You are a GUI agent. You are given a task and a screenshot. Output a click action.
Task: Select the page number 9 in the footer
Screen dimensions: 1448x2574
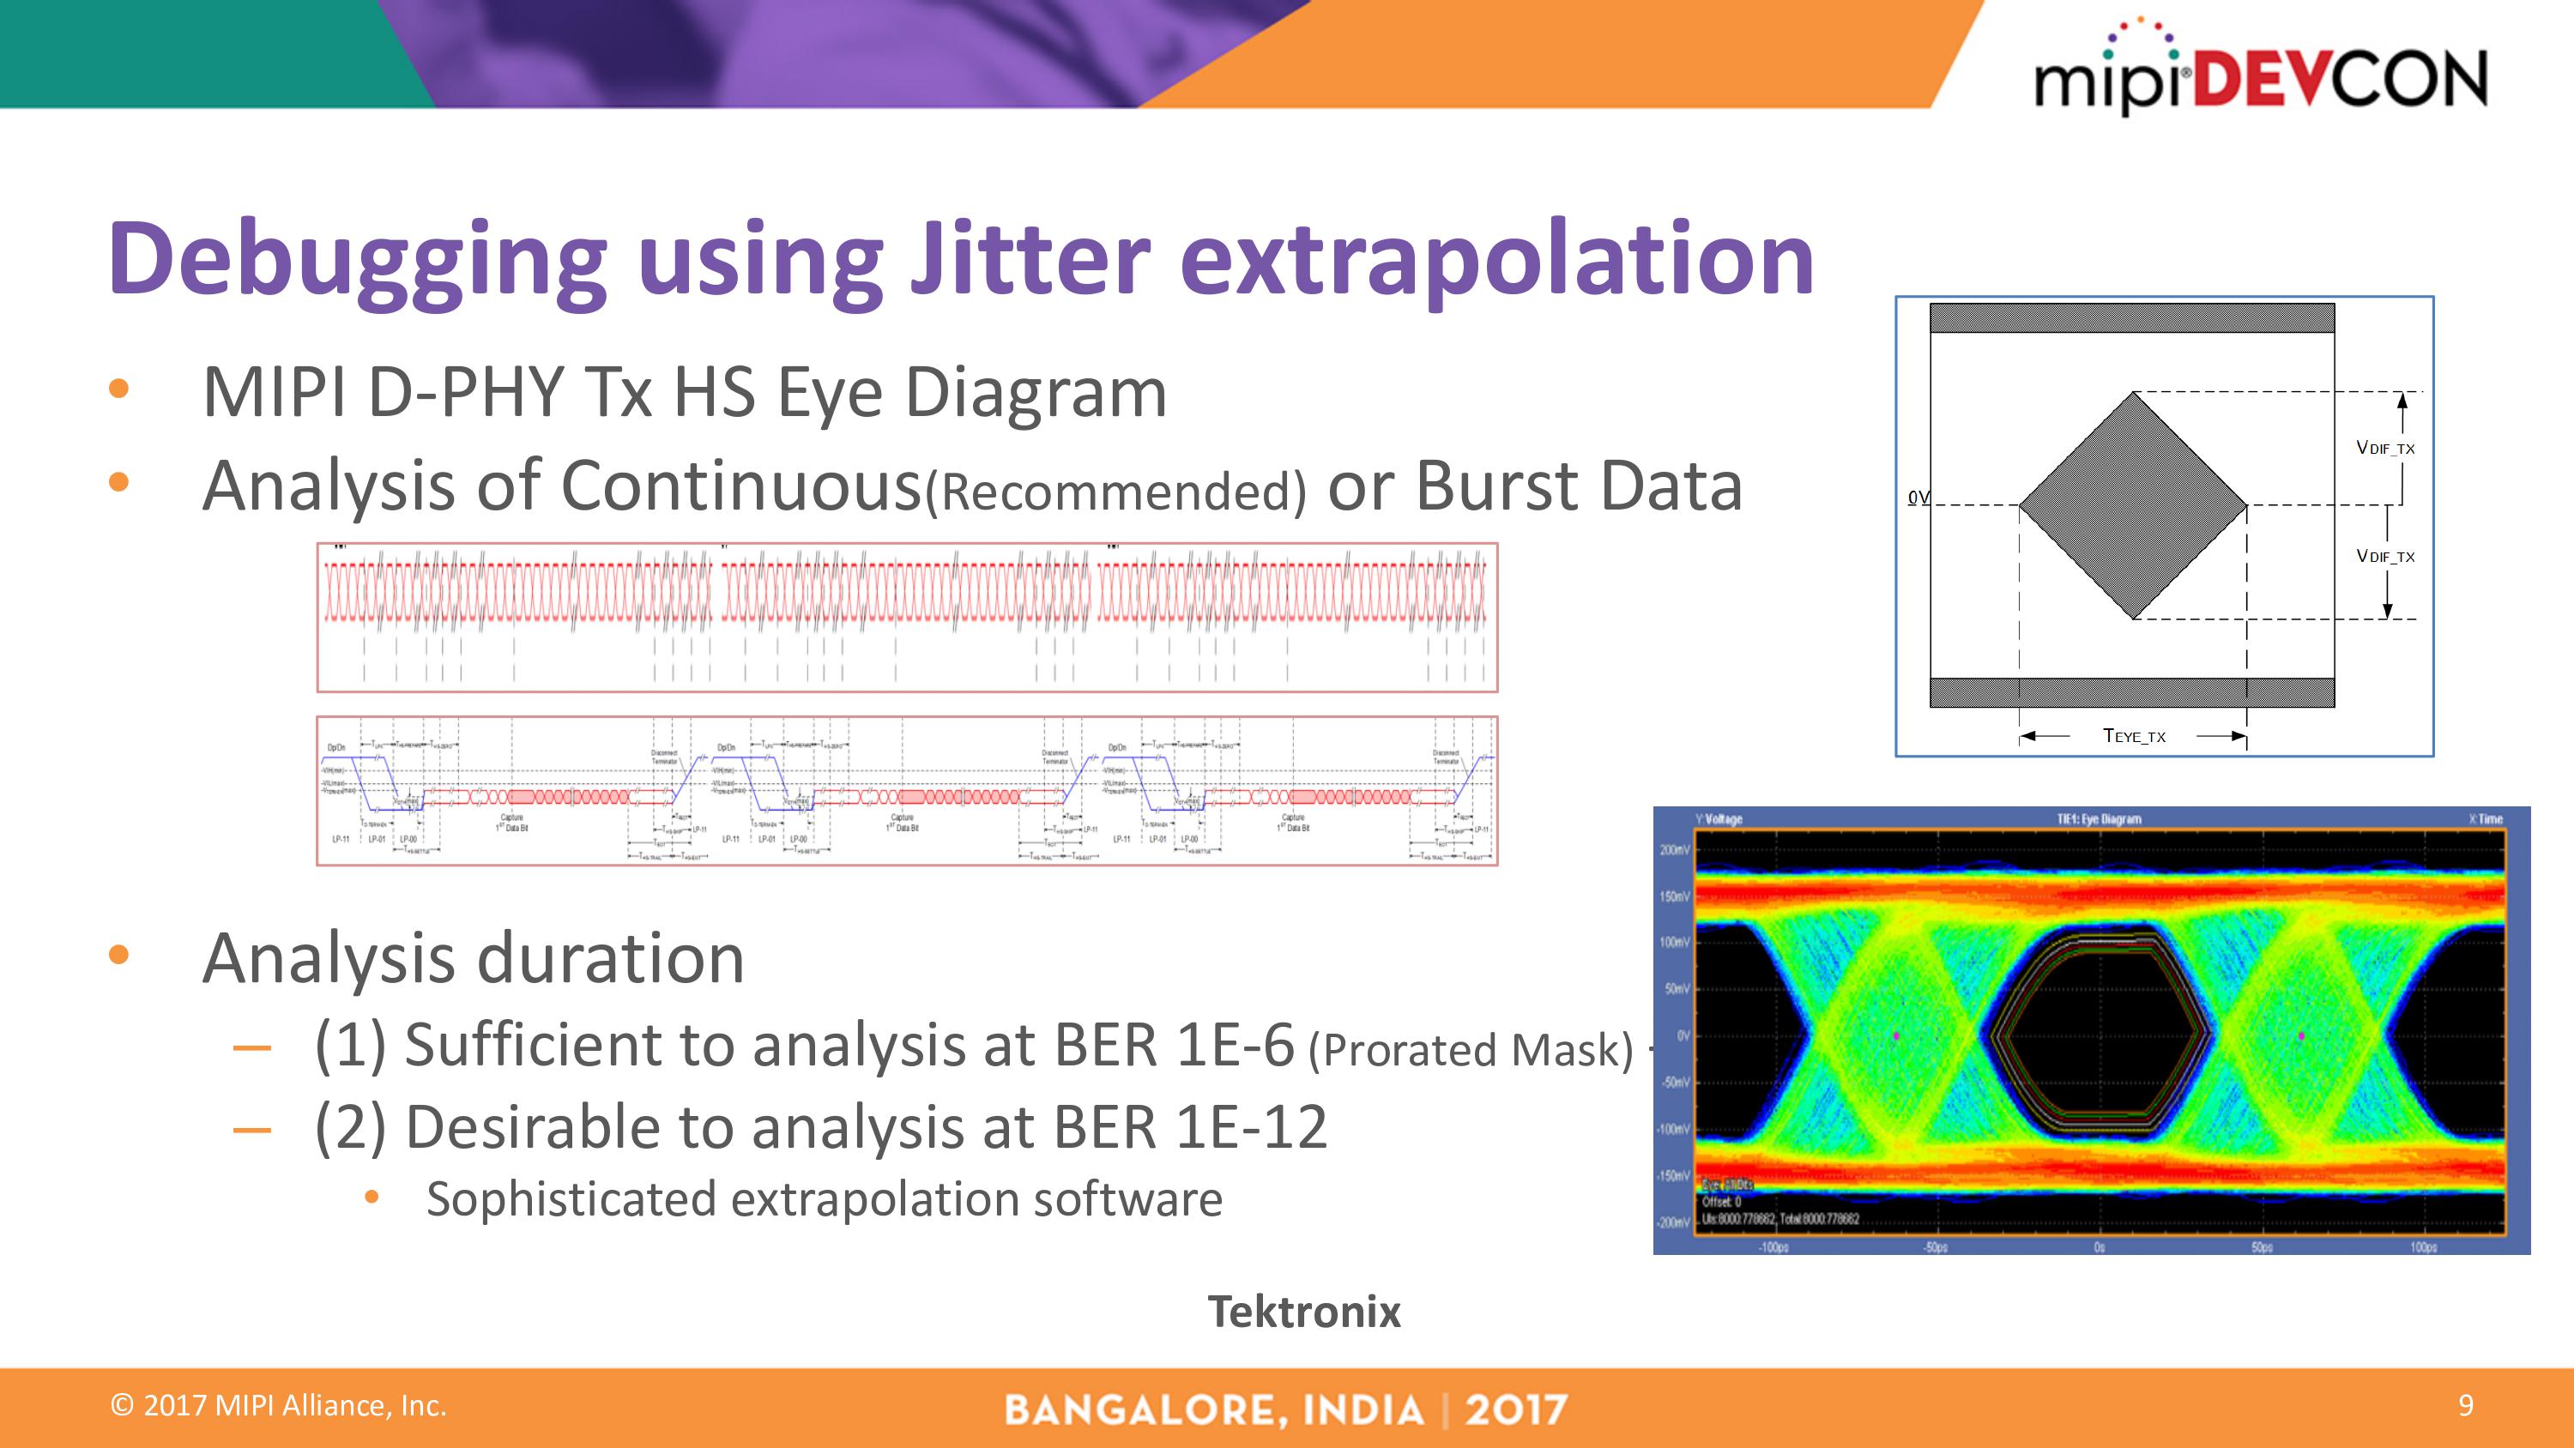pyautogui.click(x=2465, y=1406)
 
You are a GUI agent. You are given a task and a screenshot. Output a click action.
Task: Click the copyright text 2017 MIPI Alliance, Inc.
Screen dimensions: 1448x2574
pyautogui.click(x=279, y=1406)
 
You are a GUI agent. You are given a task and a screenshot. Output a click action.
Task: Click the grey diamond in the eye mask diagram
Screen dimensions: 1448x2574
pyautogui.click(x=2133, y=504)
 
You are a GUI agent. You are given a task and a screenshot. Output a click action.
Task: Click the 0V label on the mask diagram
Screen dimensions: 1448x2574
pyautogui.click(x=1918, y=497)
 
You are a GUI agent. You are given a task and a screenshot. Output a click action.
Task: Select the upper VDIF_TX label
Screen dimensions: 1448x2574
pyautogui.click(x=2385, y=448)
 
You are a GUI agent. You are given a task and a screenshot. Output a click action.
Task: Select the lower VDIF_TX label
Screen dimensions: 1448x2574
pyautogui.click(x=2385, y=556)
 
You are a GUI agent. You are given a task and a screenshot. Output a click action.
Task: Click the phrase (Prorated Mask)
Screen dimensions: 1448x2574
pyautogui.click(x=1470, y=1050)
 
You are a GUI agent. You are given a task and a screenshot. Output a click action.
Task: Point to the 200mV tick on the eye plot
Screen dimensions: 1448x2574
pyautogui.click(x=1675, y=850)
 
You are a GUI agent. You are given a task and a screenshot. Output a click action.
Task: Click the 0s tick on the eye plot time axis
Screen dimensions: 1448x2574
pyautogui.click(x=2099, y=1247)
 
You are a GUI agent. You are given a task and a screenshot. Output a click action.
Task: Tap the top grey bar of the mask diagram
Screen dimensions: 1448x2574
pyautogui.click(x=2131, y=317)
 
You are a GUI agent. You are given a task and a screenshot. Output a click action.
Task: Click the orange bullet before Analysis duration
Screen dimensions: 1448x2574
pyautogui.click(x=119, y=956)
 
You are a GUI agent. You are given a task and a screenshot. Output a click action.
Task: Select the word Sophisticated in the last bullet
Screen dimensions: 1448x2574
pyautogui.click(x=570, y=1199)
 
